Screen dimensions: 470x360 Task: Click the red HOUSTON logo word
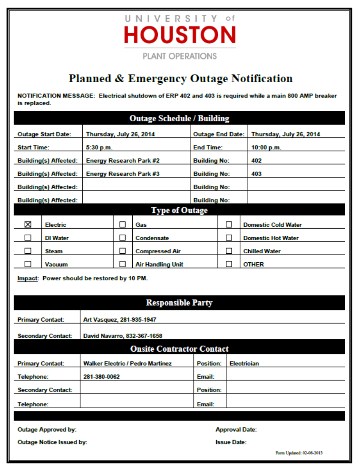coord(180,35)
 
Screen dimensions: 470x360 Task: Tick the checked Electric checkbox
coord(28,224)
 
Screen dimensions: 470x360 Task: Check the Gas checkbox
coord(123,224)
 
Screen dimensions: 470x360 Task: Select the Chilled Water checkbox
coord(229,251)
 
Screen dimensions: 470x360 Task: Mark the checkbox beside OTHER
coord(229,264)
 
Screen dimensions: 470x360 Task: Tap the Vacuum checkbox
coord(28,264)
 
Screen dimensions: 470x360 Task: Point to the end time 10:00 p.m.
coord(266,147)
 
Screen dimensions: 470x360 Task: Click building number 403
coord(256,174)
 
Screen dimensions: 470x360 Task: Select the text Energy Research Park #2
coord(123,161)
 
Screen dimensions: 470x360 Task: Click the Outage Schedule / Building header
coord(179,118)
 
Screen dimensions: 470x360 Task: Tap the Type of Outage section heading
coord(179,210)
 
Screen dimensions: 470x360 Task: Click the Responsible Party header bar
coord(179,303)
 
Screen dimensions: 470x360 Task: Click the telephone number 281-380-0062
coord(101,377)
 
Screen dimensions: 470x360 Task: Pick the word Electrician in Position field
coord(244,364)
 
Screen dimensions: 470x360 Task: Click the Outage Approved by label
coord(47,430)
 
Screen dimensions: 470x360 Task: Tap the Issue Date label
coord(231,442)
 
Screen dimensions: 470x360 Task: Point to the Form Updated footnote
coord(299,453)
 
